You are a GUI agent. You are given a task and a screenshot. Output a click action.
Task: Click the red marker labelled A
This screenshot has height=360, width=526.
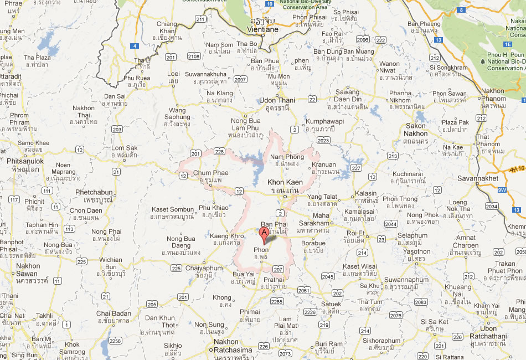265,234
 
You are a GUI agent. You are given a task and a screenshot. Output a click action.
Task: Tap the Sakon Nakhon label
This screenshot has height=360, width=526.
416,130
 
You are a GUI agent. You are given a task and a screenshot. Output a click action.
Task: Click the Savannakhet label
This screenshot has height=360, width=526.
478,178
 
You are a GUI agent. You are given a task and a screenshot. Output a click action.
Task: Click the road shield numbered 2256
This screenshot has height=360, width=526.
115,341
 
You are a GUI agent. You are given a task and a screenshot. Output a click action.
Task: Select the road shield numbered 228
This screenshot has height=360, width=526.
219,151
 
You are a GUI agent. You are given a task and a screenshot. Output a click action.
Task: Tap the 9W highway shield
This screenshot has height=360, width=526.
502,190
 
